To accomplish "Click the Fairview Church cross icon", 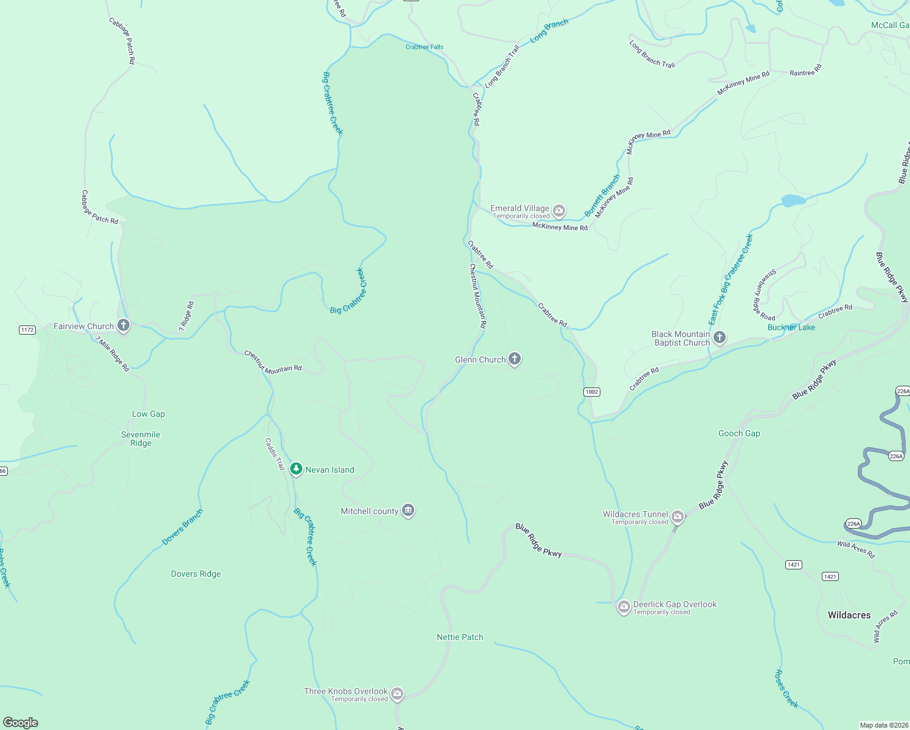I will pyautogui.click(x=123, y=325).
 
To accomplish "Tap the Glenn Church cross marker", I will pyautogui.click(x=515, y=359).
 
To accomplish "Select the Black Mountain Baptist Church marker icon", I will pyautogui.click(x=720, y=338).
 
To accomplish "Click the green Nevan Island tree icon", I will pyautogui.click(x=296, y=469).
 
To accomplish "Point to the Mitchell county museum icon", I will pyautogui.click(x=409, y=510).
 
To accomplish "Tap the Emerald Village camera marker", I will pyautogui.click(x=559, y=211).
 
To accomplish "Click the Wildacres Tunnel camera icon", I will pyautogui.click(x=678, y=517).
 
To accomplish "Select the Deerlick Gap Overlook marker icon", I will pyautogui.click(x=623, y=607).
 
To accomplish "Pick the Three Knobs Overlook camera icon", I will pyautogui.click(x=397, y=693).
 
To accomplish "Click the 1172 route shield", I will pyautogui.click(x=27, y=330).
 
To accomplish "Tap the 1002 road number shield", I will pyautogui.click(x=592, y=392).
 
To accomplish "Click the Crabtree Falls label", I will pyautogui.click(x=425, y=47).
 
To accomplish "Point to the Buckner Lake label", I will pyautogui.click(x=791, y=327).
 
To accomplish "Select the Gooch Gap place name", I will pyautogui.click(x=739, y=433).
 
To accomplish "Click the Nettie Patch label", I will pyautogui.click(x=460, y=637).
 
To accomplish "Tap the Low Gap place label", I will pyautogui.click(x=148, y=414).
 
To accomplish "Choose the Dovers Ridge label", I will pyautogui.click(x=196, y=574).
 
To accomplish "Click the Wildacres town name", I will pyautogui.click(x=849, y=615).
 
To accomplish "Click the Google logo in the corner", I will pyautogui.click(x=21, y=723).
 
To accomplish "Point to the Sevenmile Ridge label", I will pyautogui.click(x=141, y=439).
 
